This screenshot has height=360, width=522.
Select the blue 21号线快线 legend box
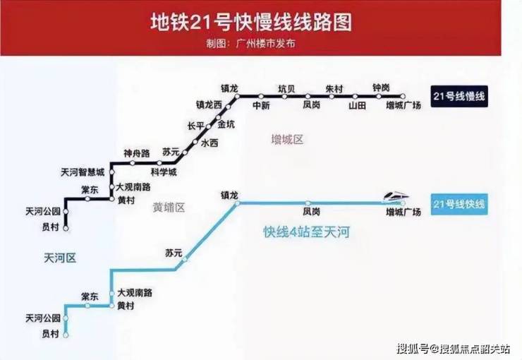point(459,204)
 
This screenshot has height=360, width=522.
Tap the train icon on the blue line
point(394,195)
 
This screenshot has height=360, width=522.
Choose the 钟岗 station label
point(381,87)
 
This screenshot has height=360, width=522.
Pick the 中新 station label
point(261,105)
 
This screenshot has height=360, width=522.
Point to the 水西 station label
point(210,143)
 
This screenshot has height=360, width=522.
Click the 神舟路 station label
point(137,153)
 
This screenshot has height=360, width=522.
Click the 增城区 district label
point(287,140)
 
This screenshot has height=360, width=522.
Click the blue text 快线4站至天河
point(307,232)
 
